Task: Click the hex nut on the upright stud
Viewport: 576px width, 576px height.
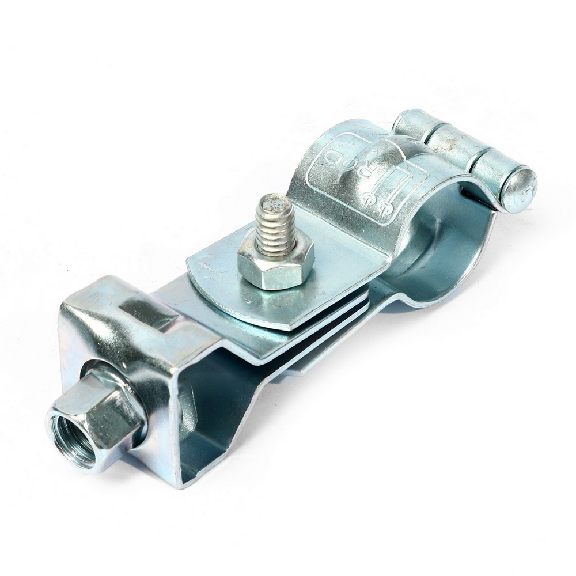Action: (x=275, y=266)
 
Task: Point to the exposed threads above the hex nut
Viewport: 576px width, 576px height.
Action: (x=275, y=230)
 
